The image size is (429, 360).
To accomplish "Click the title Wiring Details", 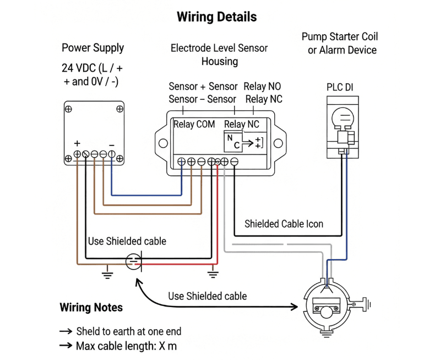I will pos(216,17).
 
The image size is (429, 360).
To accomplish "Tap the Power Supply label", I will pos(93,48).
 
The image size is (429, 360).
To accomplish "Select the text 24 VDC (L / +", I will pos(93,69).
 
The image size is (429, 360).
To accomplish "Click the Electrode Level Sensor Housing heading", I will pos(219,54).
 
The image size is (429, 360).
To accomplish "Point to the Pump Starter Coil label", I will pos(340,37).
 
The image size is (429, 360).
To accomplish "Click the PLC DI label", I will pos(340,87).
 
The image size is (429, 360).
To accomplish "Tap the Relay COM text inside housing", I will pos(194,124).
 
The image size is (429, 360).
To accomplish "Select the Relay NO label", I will pos(263,87).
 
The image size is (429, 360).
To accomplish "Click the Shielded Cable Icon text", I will pos(284,224).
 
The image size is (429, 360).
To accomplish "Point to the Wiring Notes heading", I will pos(91,307).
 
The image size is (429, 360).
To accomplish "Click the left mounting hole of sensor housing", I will pos(162,143).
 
